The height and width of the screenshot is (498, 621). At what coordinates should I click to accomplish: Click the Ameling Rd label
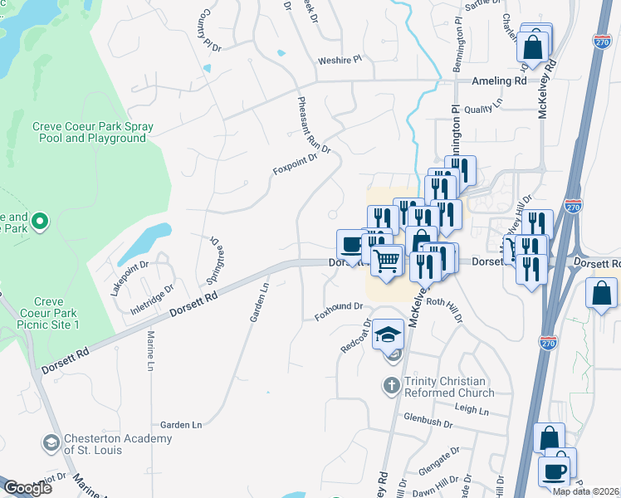[499, 81]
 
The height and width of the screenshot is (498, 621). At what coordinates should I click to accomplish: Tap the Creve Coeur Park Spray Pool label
[92, 133]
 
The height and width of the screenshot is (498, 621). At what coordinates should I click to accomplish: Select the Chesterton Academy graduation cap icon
[52, 442]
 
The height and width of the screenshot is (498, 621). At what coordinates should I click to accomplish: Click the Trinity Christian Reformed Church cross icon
[392, 386]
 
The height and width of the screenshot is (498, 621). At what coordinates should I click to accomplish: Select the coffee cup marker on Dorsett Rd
[350, 244]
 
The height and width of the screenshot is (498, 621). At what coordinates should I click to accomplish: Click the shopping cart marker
[386, 261]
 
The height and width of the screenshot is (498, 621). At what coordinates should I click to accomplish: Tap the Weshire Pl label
[340, 60]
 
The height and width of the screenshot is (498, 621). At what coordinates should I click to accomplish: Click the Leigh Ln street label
[472, 408]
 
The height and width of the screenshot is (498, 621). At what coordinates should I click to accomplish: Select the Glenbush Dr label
[428, 422]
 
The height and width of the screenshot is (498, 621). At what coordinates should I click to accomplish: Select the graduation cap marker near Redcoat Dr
[387, 334]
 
